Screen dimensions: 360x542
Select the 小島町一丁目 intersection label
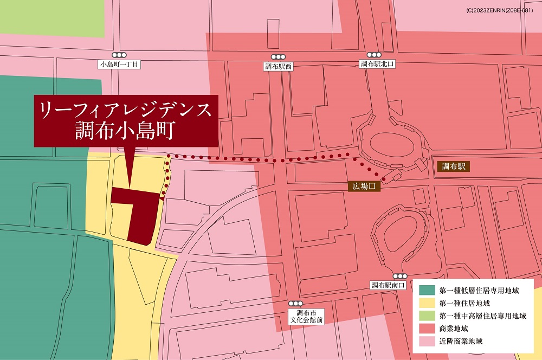119,65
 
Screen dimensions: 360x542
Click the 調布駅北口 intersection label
377,64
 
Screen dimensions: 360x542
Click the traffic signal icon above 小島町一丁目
119,55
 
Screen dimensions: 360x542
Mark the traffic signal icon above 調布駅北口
374,55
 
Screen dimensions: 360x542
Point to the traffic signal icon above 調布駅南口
400,276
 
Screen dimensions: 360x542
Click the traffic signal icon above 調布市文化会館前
296,304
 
